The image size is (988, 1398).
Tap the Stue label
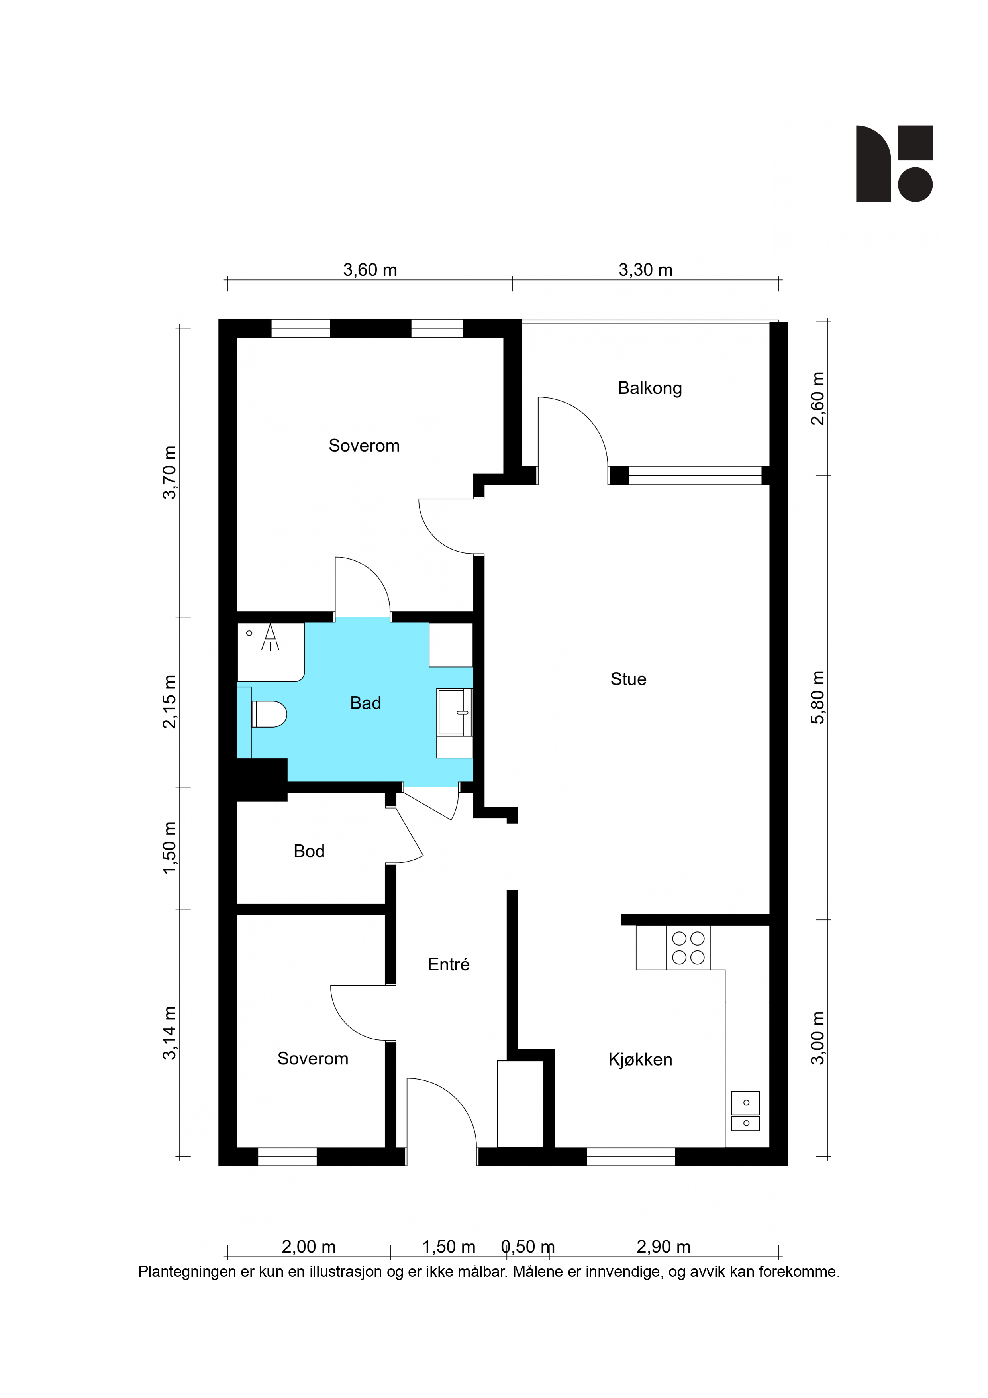[x=628, y=679]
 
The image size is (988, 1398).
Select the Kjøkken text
[x=640, y=1060]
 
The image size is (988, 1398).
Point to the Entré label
[x=449, y=964]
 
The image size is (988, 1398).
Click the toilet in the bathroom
[x=269, y=714]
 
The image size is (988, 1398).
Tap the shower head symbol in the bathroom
[x=270, y=637]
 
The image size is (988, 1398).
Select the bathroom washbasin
[x=454, y=712]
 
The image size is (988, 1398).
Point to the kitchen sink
[x=745, y=1111]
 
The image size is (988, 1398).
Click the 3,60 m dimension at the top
[x=370, y=270]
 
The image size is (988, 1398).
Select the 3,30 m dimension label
[x=645, y=270]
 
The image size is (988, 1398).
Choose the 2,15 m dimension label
[x=169, y=701]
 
